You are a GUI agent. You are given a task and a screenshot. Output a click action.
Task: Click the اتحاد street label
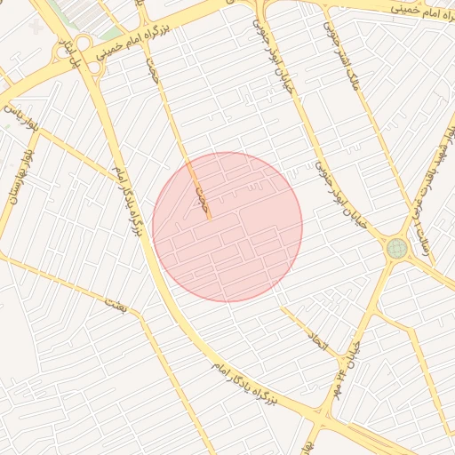pos(318,339)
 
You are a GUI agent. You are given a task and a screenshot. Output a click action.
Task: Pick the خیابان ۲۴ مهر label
pos(344,367)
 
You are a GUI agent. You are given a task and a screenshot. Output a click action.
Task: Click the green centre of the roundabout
pos(397,248)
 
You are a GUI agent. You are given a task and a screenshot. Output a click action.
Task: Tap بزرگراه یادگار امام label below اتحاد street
pos(246,383)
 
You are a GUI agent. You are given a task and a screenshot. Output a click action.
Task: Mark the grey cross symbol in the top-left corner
pos(35,28)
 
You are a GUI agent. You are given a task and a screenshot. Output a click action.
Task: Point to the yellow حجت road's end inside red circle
pos(210,217)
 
